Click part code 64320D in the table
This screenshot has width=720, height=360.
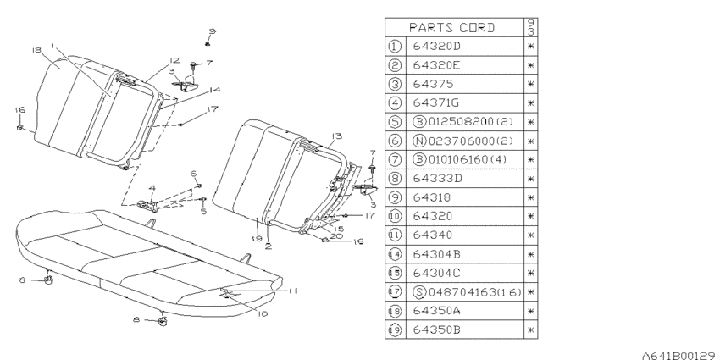coord(436,47)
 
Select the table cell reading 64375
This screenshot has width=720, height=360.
coord(433,84)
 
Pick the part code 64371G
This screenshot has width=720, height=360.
coord(436,102)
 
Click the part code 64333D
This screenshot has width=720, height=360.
coord(437,179)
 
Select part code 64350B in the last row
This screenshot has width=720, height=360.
coord(437,330)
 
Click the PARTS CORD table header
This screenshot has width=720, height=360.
coord(452,28)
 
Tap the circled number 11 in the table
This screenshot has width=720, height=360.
coord(395,235)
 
